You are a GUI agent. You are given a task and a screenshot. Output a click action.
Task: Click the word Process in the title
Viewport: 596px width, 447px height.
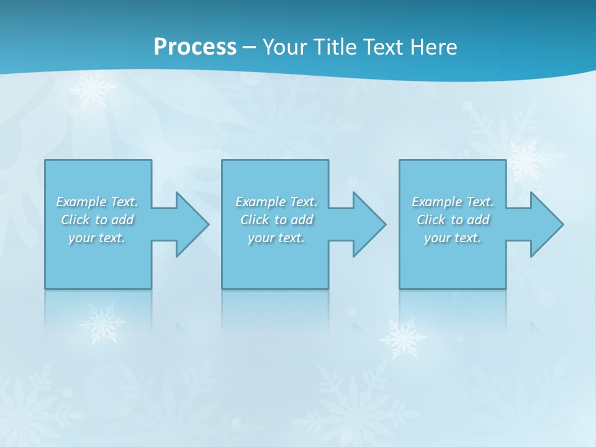point(195,47)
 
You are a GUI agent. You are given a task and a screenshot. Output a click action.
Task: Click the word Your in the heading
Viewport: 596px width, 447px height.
point(284,47)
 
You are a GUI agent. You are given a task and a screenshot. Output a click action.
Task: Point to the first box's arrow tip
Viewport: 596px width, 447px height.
point(206,224)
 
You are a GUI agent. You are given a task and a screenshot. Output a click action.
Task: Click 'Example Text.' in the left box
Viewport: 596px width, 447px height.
point(97,202)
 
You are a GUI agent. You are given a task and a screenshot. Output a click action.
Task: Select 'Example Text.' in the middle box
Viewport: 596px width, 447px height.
point(276,202)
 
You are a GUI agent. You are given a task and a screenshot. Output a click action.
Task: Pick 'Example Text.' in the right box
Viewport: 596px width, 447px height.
point(453,202)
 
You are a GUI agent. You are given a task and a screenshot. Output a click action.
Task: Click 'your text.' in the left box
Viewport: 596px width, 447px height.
point(97,238)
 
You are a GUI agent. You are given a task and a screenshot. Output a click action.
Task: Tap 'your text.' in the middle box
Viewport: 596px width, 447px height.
point(276,238)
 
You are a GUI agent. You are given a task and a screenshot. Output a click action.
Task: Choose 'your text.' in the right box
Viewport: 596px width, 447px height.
point(453,238)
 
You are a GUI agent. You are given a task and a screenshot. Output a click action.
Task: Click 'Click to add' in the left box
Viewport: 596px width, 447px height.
point(97,220)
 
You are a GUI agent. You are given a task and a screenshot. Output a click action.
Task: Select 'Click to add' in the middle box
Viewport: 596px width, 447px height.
point(276,220)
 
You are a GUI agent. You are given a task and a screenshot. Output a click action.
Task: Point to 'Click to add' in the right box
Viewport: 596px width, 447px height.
point(453,220)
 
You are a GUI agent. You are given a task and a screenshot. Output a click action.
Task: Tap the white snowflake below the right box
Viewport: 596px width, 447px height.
point(403,338)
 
